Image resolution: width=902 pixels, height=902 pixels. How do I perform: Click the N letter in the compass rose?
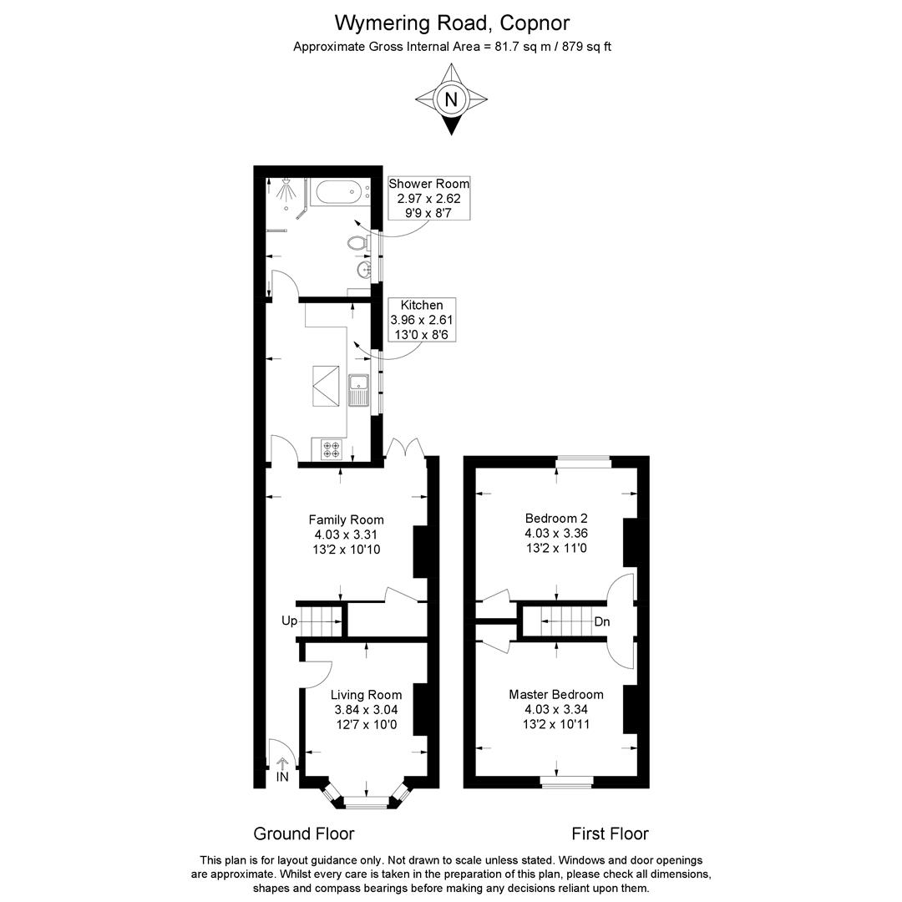pos(451,99)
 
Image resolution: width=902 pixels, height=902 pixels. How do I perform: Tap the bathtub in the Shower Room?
pos(338,192)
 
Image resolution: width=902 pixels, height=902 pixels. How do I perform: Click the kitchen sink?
pos(359,390)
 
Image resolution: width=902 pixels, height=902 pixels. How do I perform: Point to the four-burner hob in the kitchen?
pos(332,449)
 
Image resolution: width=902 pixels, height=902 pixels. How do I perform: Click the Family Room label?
pos(347,519)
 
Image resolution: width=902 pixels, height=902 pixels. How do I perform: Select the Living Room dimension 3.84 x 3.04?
pos(367,710)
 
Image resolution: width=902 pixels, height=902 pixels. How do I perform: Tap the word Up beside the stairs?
pos(289,621)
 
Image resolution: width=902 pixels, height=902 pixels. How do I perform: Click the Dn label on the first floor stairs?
pos(601,622)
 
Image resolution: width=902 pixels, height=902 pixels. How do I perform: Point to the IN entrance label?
pos(282,777)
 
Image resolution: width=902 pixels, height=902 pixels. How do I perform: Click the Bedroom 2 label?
pos(556,519)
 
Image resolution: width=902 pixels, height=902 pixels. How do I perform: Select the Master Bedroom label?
pos(556,694)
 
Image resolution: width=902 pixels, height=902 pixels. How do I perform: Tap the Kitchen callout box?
pos(422,320)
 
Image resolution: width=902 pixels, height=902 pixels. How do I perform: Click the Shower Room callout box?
pos(428,198)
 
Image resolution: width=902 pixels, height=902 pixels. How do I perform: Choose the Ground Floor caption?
pos(304,834)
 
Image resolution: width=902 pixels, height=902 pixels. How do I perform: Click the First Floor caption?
pos(610,834)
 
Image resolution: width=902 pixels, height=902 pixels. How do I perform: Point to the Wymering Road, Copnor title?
pos(452,23)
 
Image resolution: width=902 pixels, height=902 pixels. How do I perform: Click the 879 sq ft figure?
pos(587,47)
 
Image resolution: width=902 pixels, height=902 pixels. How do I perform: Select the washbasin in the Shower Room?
pos(363,269)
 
